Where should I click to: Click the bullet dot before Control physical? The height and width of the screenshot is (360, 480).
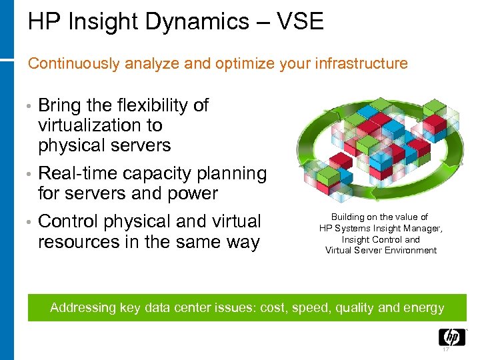point(31,222)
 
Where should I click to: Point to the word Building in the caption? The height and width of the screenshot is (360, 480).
point(347,217)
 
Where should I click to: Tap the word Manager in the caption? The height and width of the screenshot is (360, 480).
point(423,228)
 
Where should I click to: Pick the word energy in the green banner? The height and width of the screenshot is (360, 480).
point(423,308)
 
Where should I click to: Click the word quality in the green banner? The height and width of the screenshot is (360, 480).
point(355,308)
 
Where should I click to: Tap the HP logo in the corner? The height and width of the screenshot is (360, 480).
point(451,337)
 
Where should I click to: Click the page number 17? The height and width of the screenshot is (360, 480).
point(446,350)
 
